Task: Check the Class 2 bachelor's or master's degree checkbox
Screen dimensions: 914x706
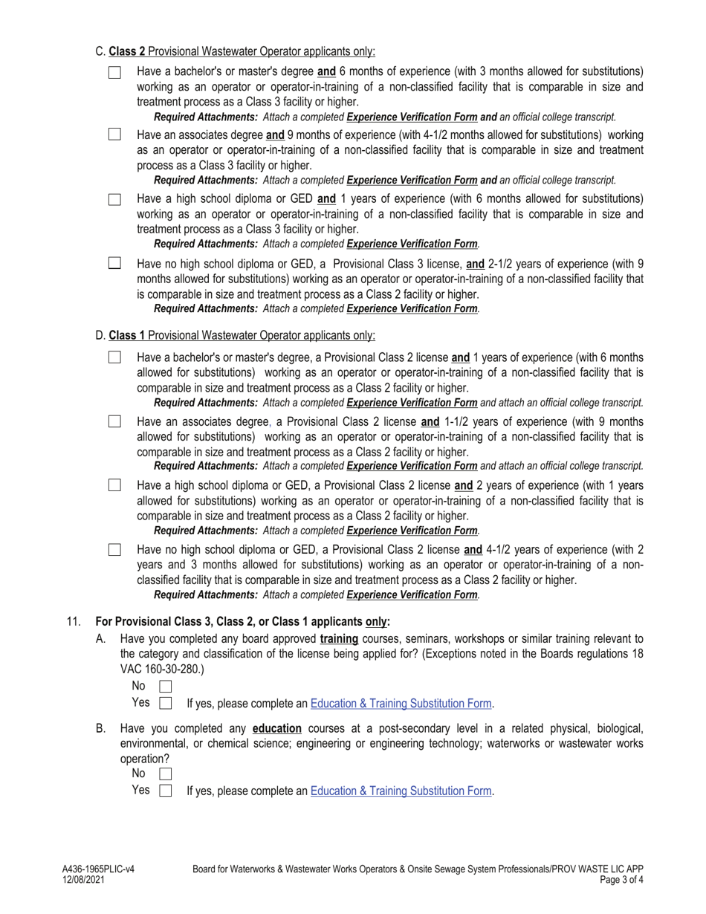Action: coord(114,72)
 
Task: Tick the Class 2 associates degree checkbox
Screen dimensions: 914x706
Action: coord(114,134)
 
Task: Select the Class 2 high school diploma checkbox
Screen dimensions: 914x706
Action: coord(114,199)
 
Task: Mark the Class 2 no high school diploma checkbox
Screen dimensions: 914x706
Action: coord(114,262)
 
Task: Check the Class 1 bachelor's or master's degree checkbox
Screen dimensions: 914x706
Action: coord(114,357)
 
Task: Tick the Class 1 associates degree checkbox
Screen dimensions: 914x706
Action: coord(114,421)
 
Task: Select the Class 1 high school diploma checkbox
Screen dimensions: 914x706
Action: coord(114,485)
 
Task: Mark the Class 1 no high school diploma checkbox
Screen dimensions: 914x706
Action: coord(114,549)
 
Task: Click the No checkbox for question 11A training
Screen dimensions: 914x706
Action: coord(166,686)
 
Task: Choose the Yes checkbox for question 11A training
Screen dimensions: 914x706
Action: coord(166,703)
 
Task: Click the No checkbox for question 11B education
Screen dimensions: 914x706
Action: coord(166,774)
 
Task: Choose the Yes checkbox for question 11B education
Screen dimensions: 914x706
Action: coord(166,791)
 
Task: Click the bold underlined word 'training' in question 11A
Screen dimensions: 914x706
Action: coord(339,638)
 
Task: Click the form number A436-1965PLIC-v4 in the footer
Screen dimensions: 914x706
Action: coord(98,868)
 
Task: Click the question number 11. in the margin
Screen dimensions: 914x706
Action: coord(73,621)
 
